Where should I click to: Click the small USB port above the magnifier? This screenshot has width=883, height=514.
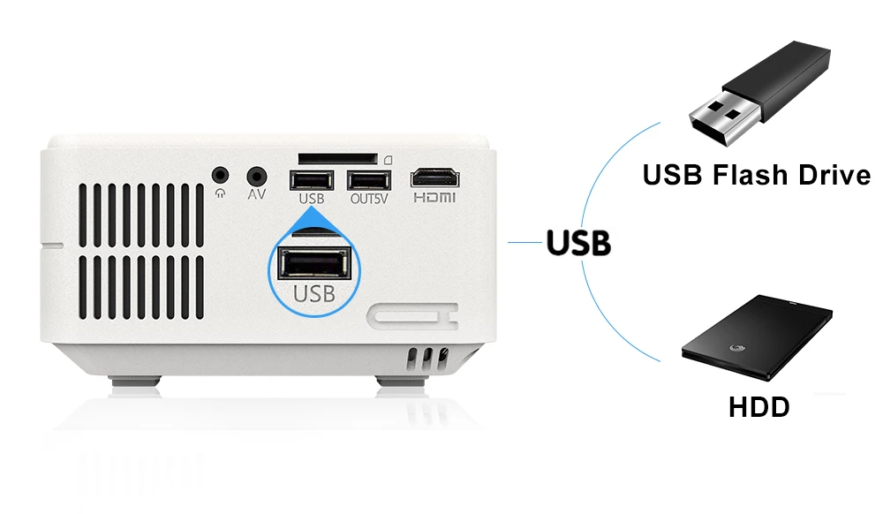tap(311, 179)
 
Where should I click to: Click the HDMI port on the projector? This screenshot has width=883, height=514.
tap(434, 177)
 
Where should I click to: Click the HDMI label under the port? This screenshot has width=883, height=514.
tap(434, 198)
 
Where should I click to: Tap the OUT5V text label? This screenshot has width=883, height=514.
tap(366, 199)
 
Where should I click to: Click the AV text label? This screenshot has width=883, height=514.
tap(257, 194)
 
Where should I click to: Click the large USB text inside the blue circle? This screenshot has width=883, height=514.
tap(314, 293)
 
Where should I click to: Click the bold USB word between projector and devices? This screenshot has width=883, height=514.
tap(578, 243)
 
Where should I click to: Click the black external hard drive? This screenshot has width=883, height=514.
tap(757, 343)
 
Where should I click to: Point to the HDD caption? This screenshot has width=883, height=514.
tap(758, 407)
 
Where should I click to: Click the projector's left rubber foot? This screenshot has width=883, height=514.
tap(136, 382)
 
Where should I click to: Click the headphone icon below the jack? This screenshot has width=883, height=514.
tap(221, 194)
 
